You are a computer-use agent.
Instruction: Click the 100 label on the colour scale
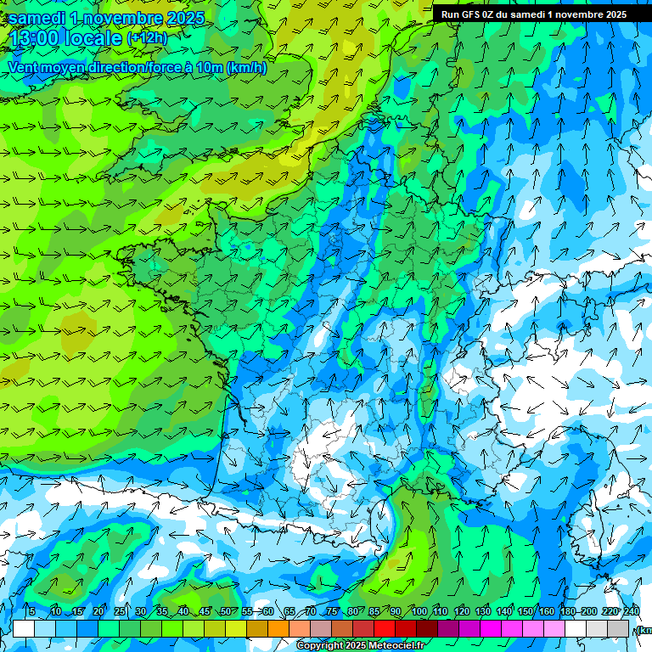[419, 611]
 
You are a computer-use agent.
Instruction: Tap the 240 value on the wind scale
[632, 611]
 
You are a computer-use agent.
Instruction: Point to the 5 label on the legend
[32, 611]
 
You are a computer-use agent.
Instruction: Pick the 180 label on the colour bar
[568, 611]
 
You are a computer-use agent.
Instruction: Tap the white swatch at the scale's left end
[24, 628]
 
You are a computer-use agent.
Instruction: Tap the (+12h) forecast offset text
[147, 38]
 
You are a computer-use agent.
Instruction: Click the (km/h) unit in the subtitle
[246, 68]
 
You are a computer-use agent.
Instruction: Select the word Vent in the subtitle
[25, 68]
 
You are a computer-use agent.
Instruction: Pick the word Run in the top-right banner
[449, 14]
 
